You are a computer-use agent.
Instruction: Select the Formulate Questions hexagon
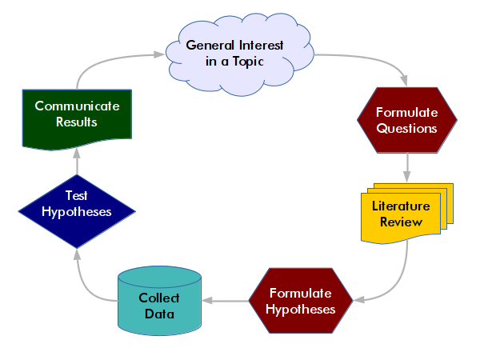point(406,119)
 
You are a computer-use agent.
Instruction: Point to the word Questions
point(407,127)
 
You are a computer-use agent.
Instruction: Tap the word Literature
point(401,206)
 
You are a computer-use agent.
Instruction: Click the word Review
point(401,222)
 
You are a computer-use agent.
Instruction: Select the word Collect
point(159,298)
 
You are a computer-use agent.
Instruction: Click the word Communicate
point(77,106)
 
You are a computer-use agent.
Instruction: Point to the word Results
point(77,122)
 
